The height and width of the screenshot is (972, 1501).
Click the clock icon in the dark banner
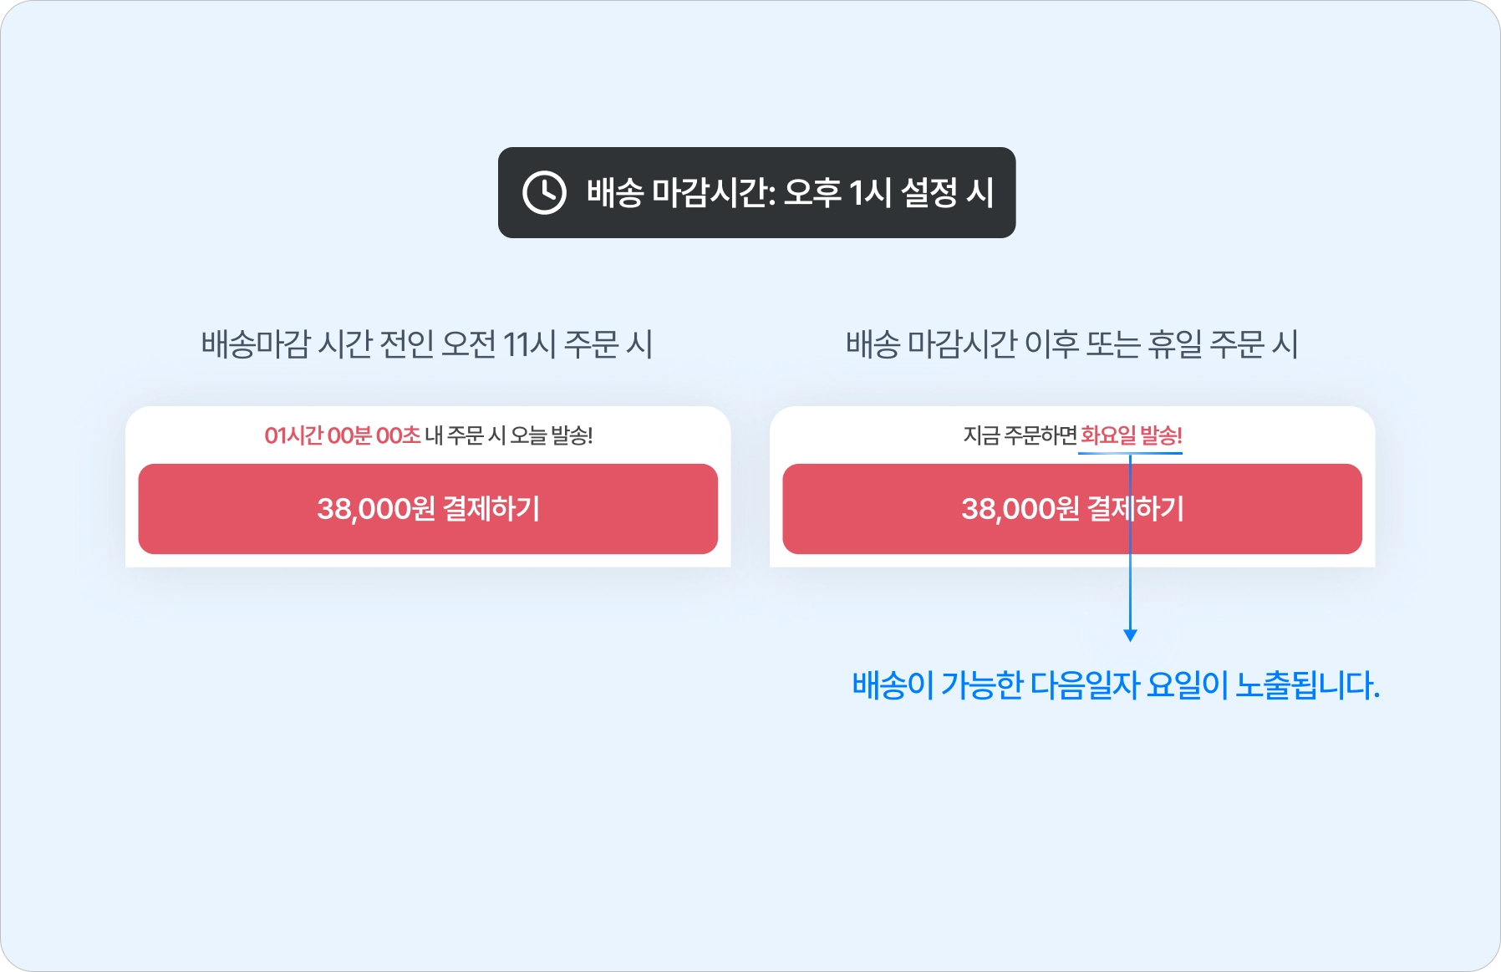tap(544, 193)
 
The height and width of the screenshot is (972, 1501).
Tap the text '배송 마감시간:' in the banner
tap(681, 193)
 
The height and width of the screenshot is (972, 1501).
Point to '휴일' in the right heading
tap(1174, 344)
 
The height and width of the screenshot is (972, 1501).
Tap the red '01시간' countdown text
tap(293, 435)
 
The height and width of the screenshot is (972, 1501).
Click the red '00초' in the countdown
tap(399, 435)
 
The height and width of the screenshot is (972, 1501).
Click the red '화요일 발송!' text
tap(1131, 435)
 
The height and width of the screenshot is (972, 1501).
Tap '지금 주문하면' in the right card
tap(1020, 435)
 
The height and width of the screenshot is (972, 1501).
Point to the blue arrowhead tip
tap(1130, 637)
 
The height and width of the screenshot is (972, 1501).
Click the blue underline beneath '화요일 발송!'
tap(1103, 453)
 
